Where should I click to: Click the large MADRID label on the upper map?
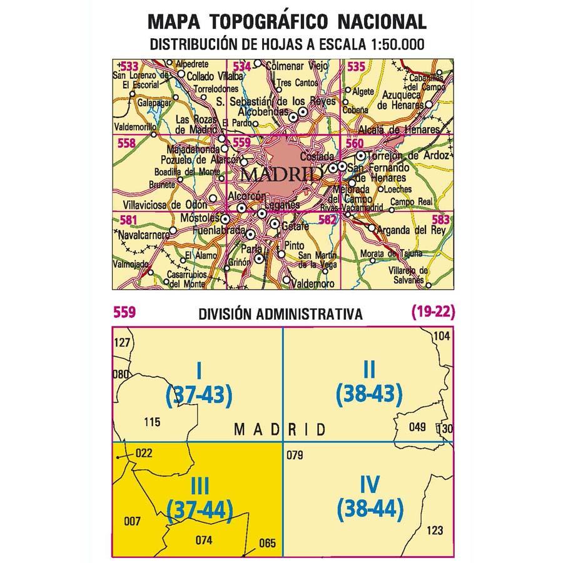click(x=281, y=175)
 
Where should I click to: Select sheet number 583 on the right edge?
click(x=440, y=220)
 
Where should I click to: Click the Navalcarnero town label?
click(x=144, y=235)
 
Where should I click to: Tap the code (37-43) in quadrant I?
click(x=199, y=393)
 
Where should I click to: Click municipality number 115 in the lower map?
click(x=152, y=422)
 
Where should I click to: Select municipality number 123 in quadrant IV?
click(x=434, y=531)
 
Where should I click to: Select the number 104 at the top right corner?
click(x=441, y=337)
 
